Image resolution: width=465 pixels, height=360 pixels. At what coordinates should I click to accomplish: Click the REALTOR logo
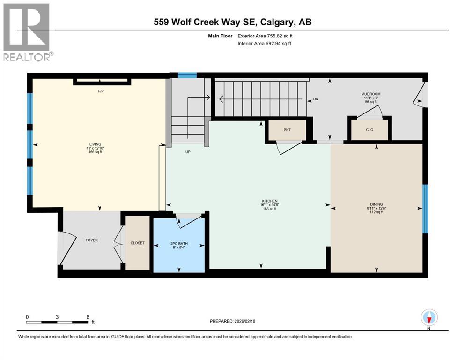[x=27, y=32]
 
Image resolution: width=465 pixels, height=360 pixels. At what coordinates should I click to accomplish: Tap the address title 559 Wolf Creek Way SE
[x=232, y=22]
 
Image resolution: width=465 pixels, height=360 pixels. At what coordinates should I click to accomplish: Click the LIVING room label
[x=96, y=144]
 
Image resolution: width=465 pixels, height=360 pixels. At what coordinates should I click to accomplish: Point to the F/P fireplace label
[x=101, y=91]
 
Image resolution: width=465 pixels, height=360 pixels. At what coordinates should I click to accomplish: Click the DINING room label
[x=376, y=204]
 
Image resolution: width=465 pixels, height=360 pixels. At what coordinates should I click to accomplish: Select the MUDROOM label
[x=370, y=94]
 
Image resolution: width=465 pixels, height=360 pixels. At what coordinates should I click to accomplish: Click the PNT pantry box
[x=287, y=130]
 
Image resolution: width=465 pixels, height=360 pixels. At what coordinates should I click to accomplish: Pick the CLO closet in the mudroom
[x=369, y=130]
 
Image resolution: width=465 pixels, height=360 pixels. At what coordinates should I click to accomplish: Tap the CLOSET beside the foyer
[x=138, y=243]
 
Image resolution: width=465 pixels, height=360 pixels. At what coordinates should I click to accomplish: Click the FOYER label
[x=91, y=240]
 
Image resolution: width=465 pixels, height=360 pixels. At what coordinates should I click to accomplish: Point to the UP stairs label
[x=188, y=152]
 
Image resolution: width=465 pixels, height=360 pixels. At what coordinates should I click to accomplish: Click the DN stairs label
[x=316, y=99]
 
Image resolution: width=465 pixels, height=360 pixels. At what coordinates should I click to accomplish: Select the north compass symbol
[x=429, y=318]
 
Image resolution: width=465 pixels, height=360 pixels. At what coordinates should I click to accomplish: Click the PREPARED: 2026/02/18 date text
[x=232, y=321]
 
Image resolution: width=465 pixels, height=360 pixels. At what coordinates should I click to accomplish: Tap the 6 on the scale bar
[x=88, y=317]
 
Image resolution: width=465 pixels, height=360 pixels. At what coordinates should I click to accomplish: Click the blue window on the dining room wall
[x=425, y=209]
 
